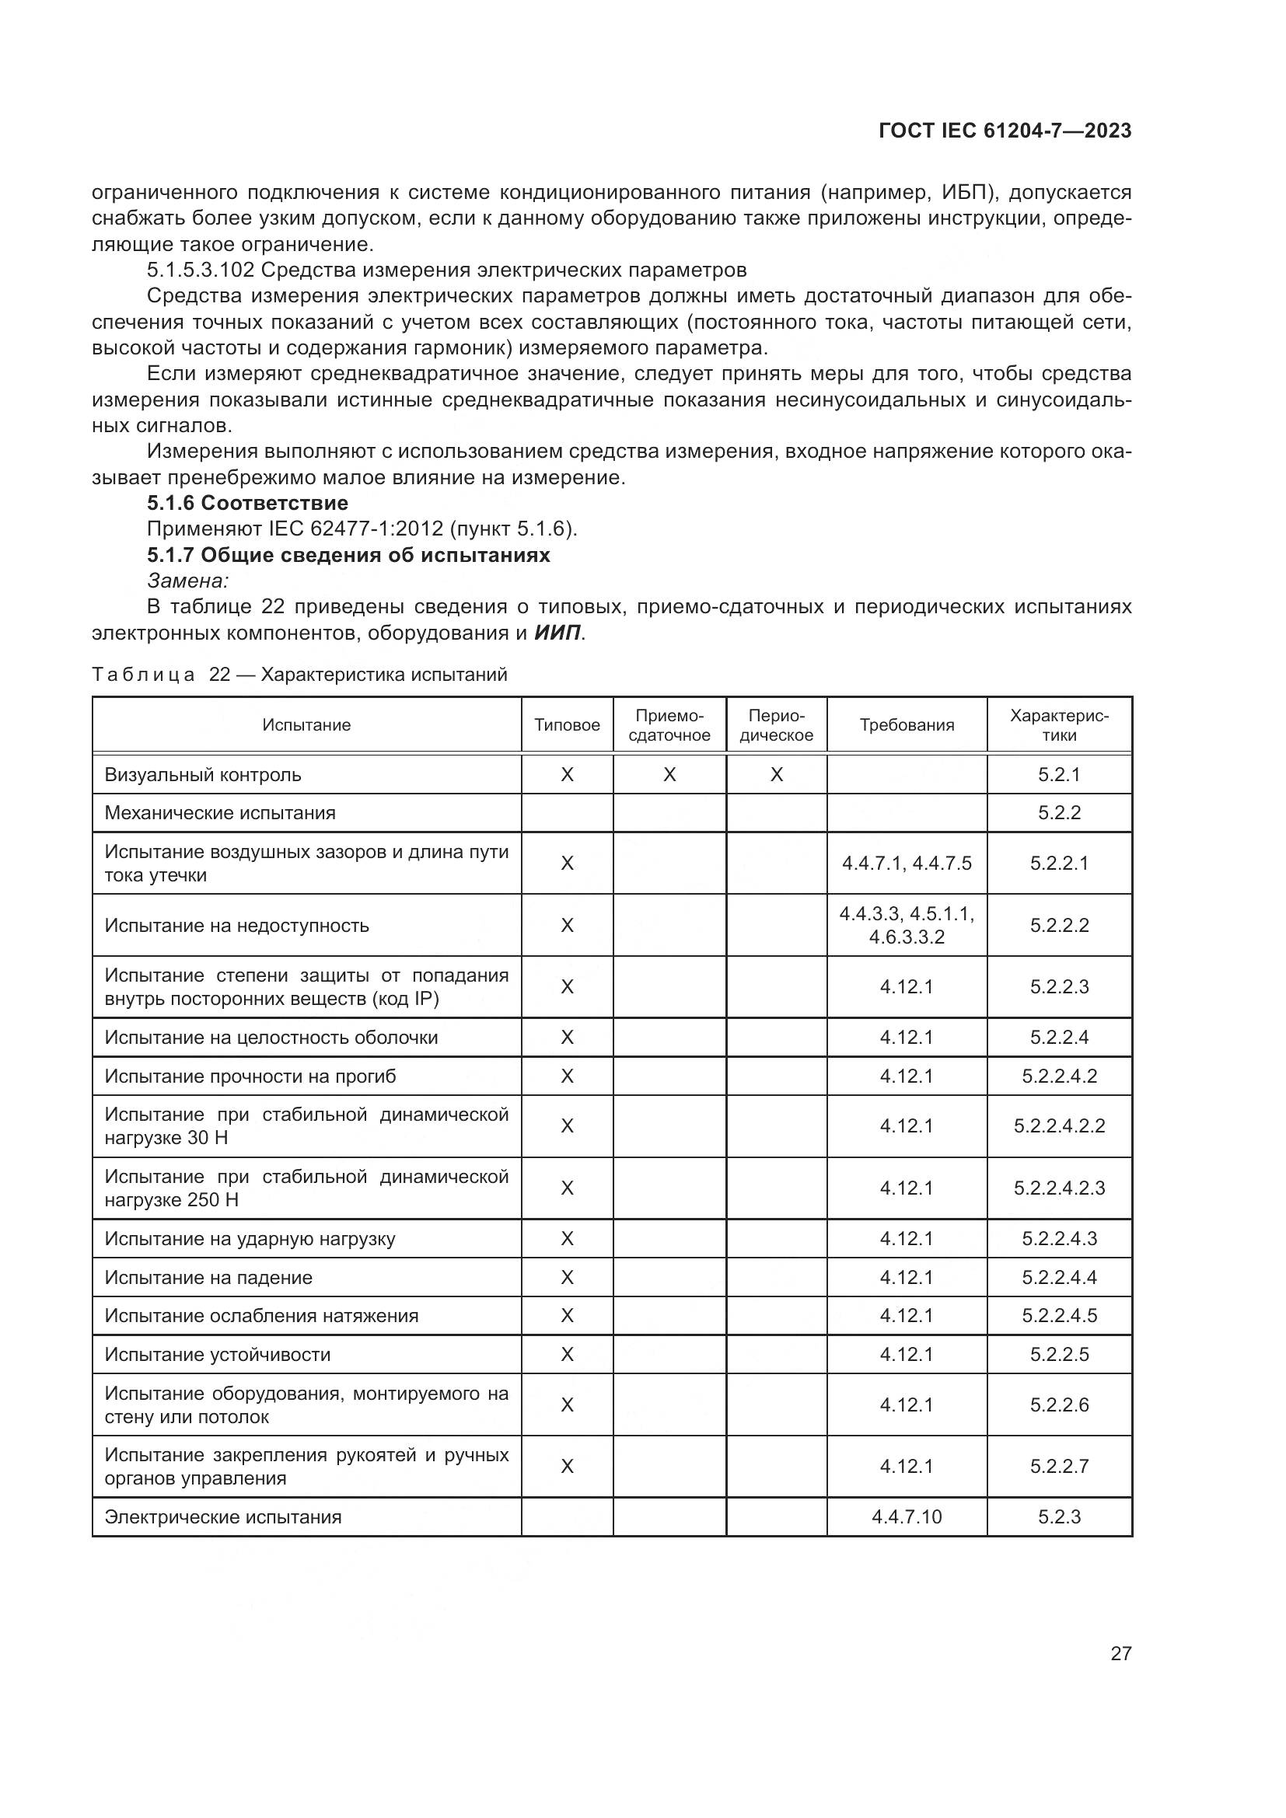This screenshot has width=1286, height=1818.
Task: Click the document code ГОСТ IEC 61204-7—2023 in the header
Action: point(1004,131)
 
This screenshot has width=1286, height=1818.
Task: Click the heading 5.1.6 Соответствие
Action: point(247,503)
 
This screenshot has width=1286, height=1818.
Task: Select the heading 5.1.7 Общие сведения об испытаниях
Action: point(348,554)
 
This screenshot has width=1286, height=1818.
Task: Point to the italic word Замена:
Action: point(187,581)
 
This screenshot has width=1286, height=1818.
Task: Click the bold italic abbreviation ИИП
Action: point(557,633)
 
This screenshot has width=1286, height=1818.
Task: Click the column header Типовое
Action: point(567,725)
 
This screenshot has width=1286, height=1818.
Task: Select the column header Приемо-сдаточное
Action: point(669,725)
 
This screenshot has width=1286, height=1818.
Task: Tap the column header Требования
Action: point(907,725)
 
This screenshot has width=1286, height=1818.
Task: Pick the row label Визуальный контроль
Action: point(203,774)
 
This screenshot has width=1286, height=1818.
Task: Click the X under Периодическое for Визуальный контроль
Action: point(776,774)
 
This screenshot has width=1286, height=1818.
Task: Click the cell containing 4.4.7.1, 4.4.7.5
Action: point(907,863)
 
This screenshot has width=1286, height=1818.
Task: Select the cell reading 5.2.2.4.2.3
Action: point(1059,1188)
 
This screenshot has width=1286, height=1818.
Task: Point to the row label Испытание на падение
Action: point(208,1277)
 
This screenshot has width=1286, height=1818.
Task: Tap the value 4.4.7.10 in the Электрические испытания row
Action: point(907,1516)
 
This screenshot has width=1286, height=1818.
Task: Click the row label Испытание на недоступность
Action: point(237,925)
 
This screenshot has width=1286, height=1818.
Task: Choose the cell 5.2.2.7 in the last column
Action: point(1059,1466)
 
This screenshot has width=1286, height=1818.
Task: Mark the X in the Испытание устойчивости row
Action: point(567,1354)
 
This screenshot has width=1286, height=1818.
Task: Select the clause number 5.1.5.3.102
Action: point(201,270)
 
